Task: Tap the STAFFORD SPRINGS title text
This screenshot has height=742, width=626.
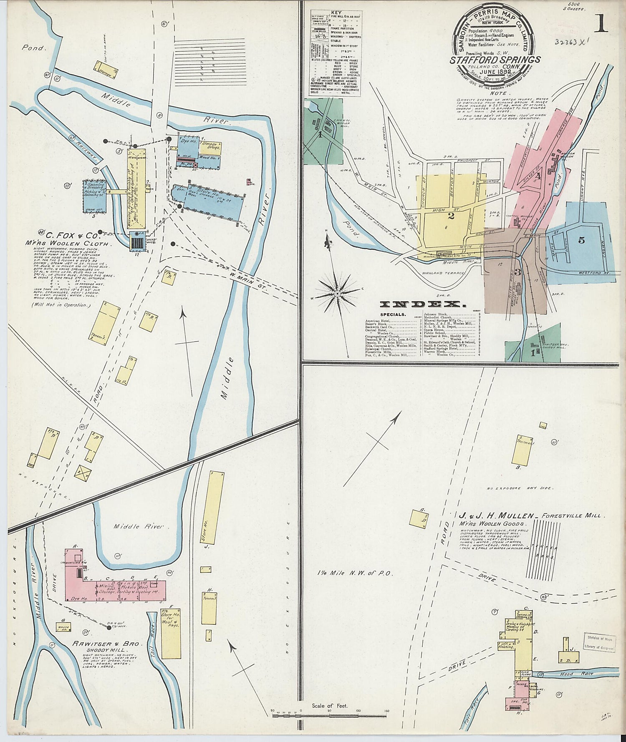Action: [x=495, y=60]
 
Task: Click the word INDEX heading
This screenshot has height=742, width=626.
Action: [x=420, y=304]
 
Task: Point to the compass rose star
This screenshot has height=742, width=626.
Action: [x=337, y=294]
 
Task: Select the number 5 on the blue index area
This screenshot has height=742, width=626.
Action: [x=581, y=240]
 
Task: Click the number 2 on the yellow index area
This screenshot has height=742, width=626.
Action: [x=451, y=216]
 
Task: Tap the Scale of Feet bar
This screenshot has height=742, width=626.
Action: [x=330, y=716]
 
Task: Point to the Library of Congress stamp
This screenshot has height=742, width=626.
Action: [x=599, y=643]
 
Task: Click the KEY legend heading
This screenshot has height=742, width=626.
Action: [x=336, y=13]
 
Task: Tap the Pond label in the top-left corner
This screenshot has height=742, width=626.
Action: [x=33, y=48]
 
